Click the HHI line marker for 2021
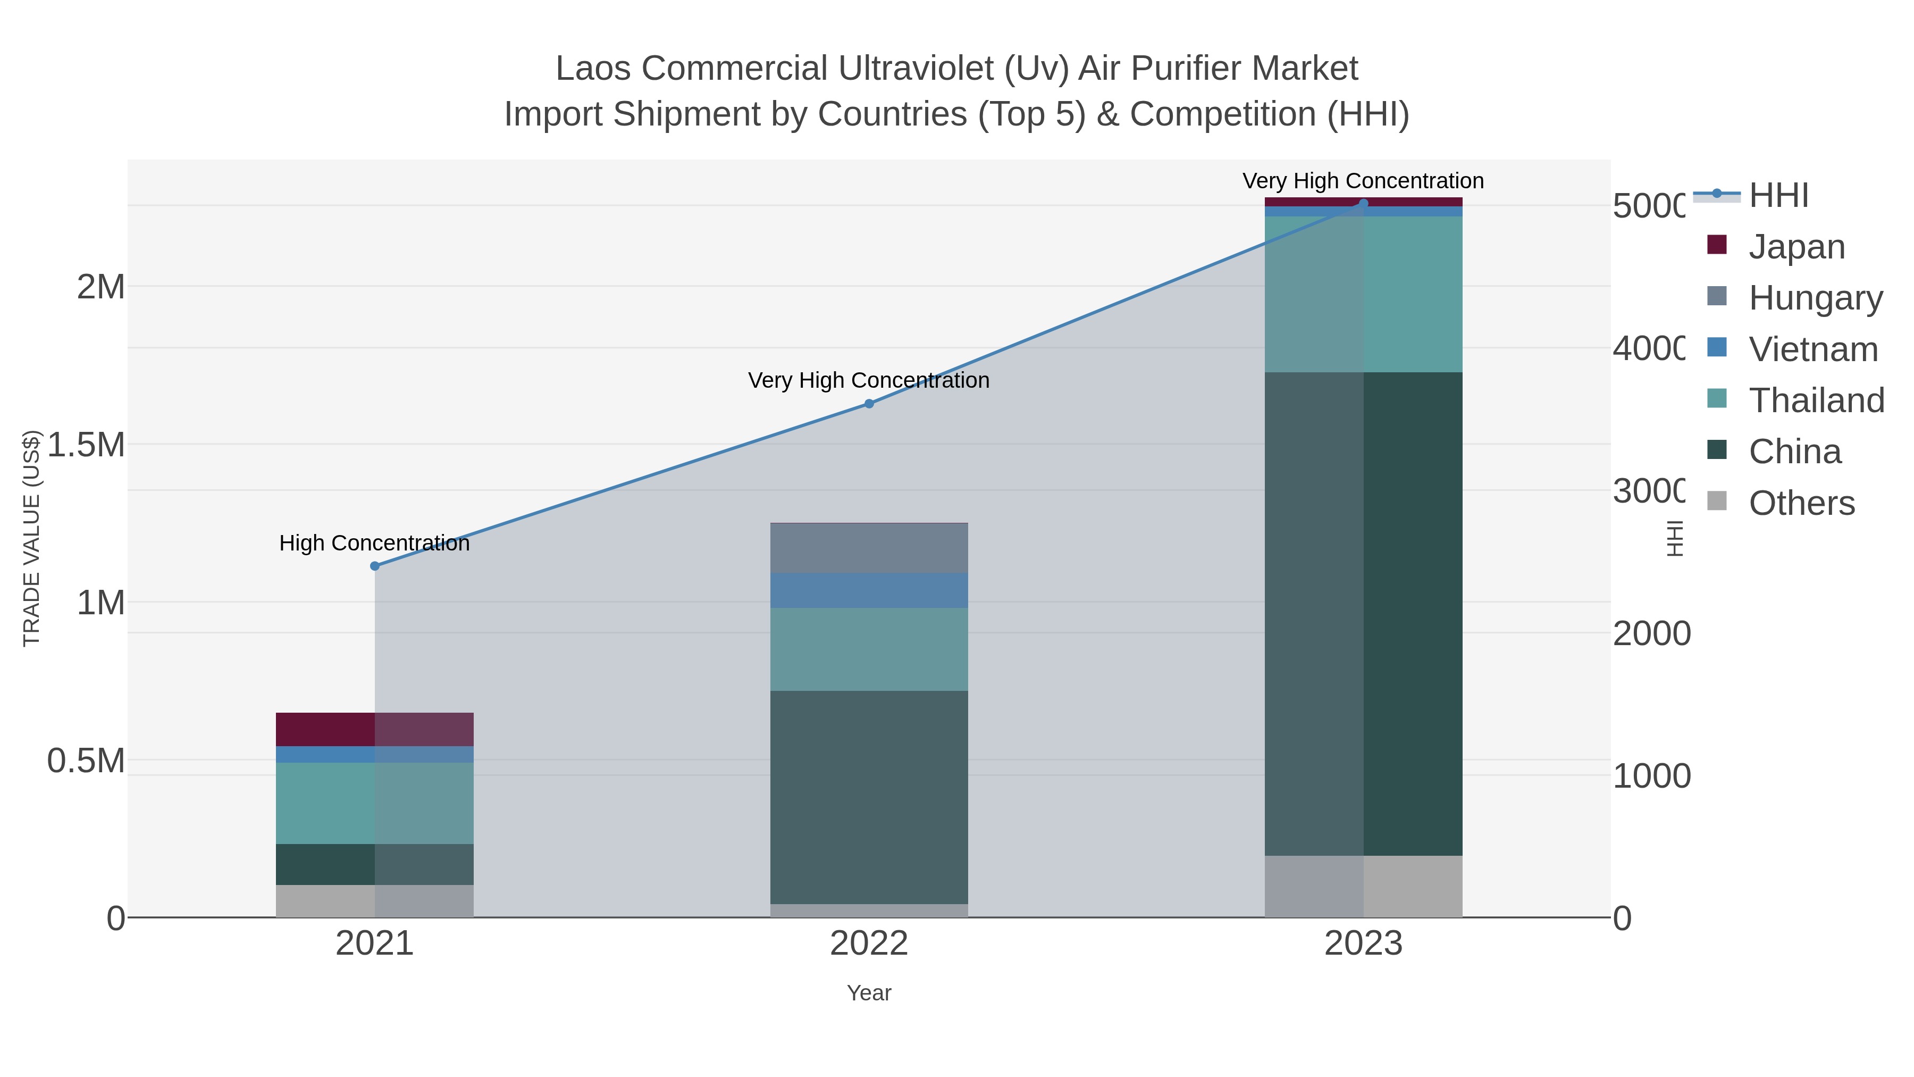[x=374, y=566]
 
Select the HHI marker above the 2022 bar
[x=869, y=404]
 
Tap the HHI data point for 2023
[x=1363, y=203]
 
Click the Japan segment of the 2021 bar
[x=374, y=729]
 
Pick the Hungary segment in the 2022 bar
[x=869, y=548]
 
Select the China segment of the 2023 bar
[x=1363, y=613]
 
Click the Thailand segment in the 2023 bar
[x=1363, y=294]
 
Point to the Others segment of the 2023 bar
[x=1363, y=886]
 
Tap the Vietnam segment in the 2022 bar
[x=869, y=590]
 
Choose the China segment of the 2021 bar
[x=374, y=864]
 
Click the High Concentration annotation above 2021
[x=374, y=544]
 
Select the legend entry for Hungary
[x=1815, y=297]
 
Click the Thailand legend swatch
[x=1717, y=398]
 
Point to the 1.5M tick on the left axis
[x=86, y=445]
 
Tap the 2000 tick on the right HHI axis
[x=1651, y=633]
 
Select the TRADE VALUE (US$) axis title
[x=31, y=538]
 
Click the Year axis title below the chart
[x=869, y=993]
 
